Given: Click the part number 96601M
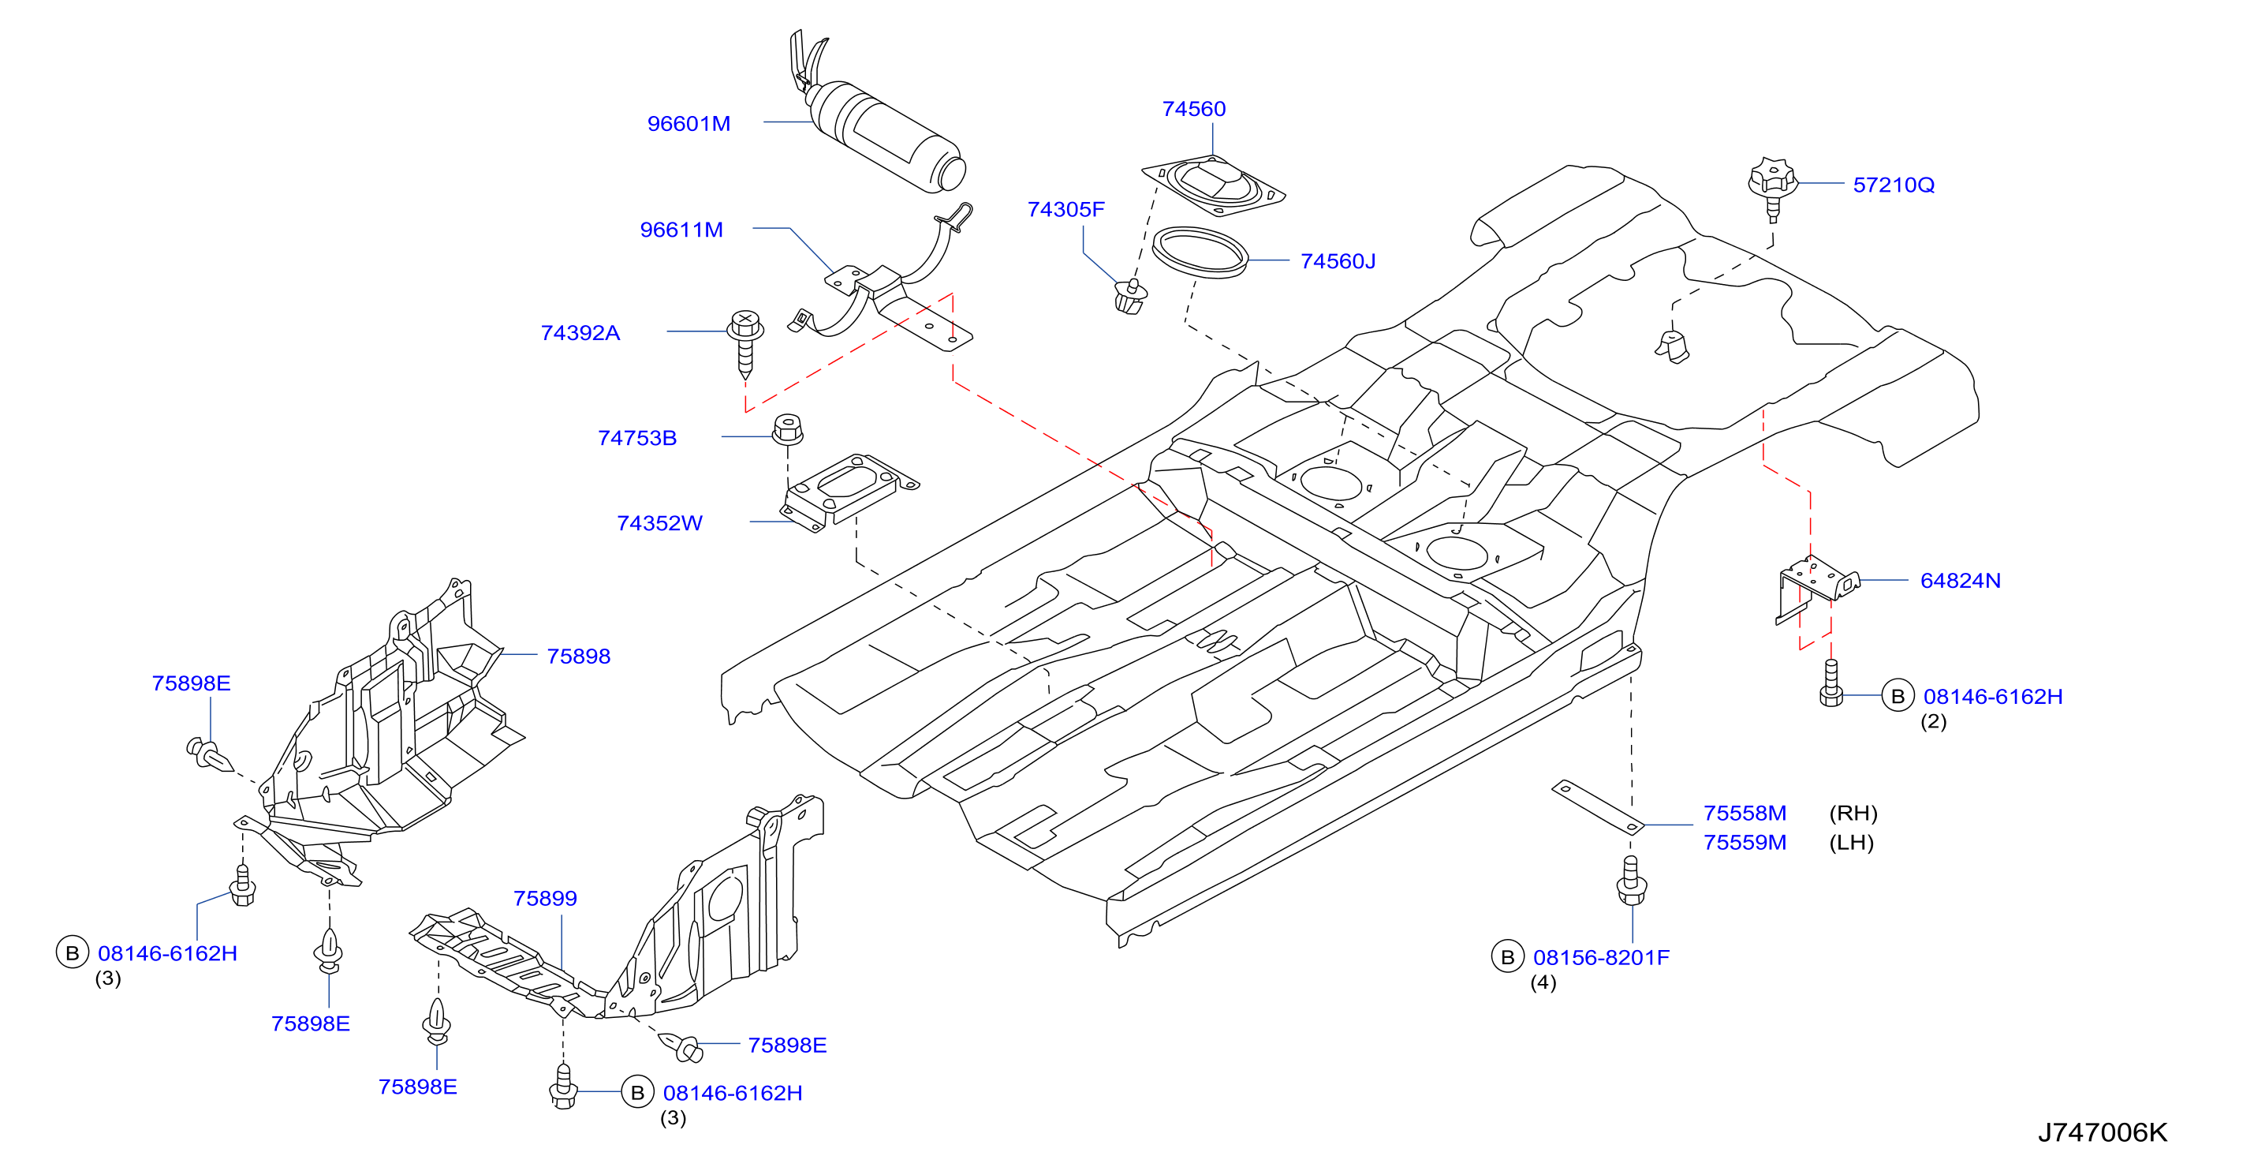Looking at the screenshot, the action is (689, 123).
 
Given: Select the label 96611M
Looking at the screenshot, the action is (681, 230).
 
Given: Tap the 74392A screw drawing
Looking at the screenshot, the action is (745, 343).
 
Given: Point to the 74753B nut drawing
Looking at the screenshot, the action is (788, 428).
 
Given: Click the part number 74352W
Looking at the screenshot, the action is (660, 523).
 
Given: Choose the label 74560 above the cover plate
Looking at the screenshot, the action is (1193, 109).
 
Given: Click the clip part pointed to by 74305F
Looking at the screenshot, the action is (1130, 297).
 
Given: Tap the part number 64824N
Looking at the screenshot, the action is (1960, 580).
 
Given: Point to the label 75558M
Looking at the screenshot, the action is (1745, 813).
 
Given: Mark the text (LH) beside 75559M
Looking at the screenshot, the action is (1852, 843).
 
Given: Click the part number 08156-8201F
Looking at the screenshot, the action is (1601, 957).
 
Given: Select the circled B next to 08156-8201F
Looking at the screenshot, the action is (1508, 957).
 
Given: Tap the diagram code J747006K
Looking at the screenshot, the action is (2103, 1132).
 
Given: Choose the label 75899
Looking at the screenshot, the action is (545, 898).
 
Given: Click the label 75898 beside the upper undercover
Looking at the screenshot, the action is (578, 657).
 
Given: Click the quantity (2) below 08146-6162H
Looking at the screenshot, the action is (1934, 722).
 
